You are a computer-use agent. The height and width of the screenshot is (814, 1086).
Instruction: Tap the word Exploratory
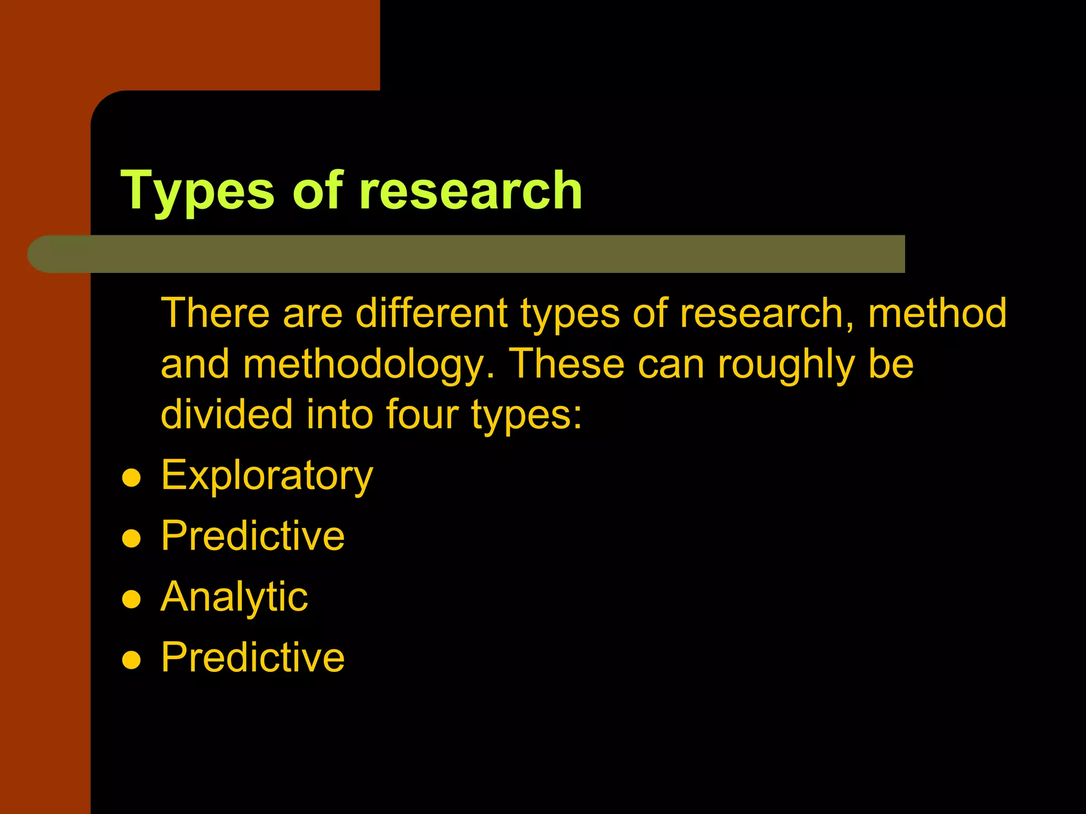[x=267, y=475]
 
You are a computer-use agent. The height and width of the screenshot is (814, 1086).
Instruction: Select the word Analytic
[x=234, y=597]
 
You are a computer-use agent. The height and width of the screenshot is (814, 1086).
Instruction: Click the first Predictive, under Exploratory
[x=252, y=536]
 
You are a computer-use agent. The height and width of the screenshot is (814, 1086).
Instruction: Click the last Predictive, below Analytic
[x=252, y=658]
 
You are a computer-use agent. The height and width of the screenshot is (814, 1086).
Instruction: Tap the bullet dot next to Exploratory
[x=131, y=478]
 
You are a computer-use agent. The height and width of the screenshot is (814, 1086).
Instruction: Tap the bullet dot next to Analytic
[x=131, y=599]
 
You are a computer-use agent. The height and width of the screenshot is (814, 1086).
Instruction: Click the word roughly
[x=786, y=365]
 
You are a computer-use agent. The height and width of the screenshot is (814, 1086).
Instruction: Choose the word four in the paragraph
[x=422, y=414]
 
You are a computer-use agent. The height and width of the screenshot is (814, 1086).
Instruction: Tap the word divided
[x=226, y=414]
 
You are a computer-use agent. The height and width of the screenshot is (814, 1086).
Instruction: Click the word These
[x=566, y=365]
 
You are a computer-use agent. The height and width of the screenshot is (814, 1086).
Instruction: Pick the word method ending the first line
[x=937, y=313]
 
